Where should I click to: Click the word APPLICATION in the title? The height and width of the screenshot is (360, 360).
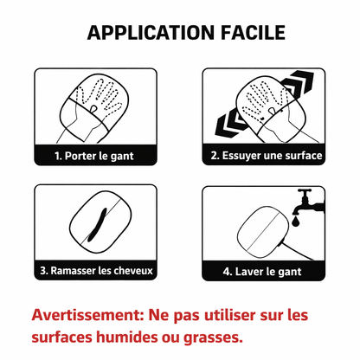[x=146, y=35]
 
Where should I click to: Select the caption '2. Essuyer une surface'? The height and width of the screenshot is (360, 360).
[x=265, y=156]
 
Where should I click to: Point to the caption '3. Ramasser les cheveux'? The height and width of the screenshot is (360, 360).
[x=95, y=270]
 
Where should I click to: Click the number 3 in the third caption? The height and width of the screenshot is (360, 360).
[x=42, y=270]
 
